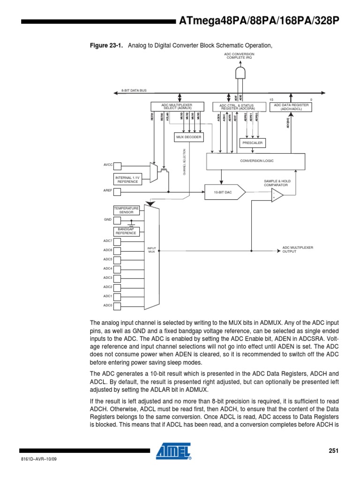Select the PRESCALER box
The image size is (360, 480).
coord(253,142)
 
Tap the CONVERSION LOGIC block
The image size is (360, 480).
coord(257,161)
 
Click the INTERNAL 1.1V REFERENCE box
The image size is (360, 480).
coord(127,180)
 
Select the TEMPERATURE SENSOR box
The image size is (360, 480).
coord(127,210)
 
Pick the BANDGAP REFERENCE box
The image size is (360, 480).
coord(126,231)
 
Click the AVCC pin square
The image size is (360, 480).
coord(117,166)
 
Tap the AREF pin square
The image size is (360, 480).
coord(117,191)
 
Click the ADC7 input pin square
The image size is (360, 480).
coord(117,241)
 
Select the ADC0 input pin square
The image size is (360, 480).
coord(117,305)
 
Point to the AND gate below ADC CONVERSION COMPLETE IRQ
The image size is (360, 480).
coord(240,73)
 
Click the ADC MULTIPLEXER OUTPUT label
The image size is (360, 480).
coord(297,249)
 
